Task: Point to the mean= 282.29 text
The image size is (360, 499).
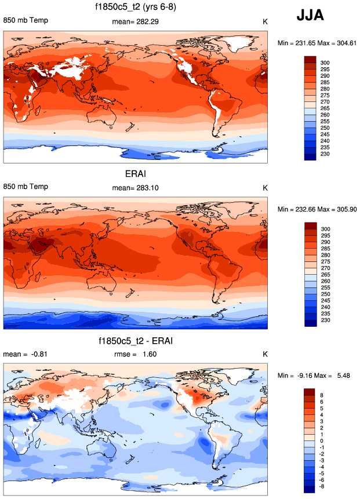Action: [135, 22]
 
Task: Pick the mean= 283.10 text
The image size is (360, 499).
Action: [135, 188]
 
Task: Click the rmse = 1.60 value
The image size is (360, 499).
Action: [135, 355]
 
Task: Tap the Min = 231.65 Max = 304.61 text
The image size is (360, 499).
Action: [317, 43]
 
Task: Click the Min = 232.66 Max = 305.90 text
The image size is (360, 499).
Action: [317, 209]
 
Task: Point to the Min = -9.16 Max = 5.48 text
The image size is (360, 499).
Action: [317, 376]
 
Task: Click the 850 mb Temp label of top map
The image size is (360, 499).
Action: [26, 21]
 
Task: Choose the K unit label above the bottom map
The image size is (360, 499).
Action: [265, 355]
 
